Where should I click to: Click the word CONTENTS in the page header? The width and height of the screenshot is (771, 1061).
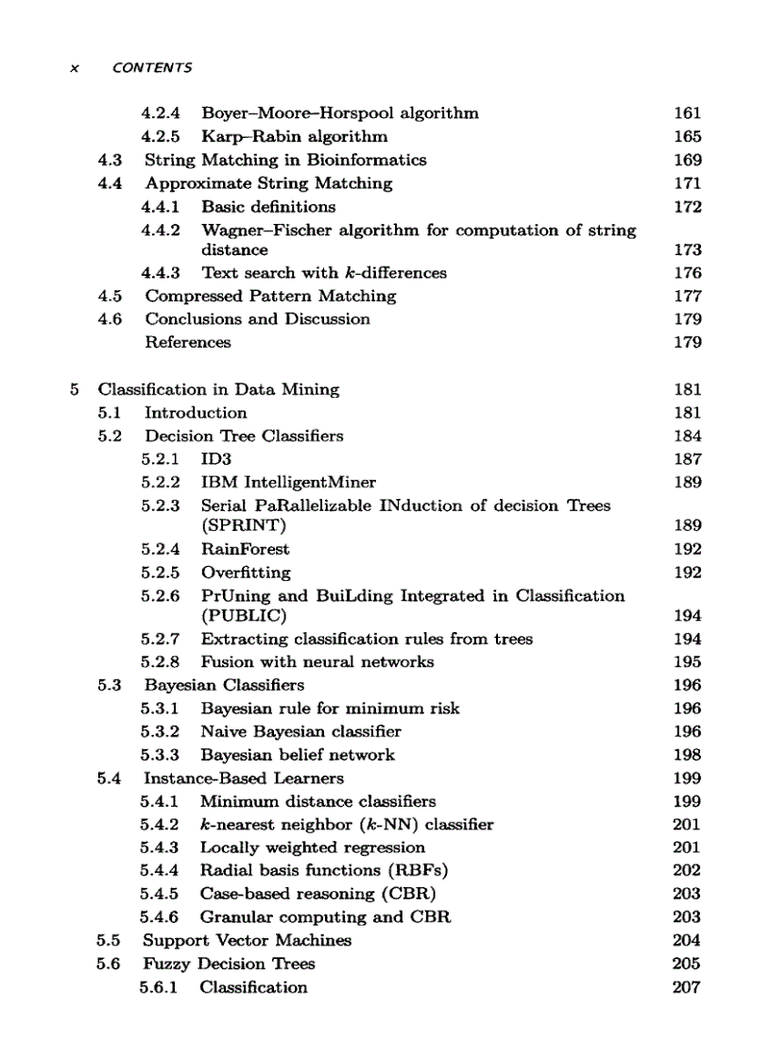click(151, 68)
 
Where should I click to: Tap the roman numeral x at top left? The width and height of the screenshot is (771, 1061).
click(74, 68)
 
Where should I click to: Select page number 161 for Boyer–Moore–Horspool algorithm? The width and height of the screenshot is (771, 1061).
click(687, 113)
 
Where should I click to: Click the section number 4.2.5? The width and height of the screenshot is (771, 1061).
click(161, 137)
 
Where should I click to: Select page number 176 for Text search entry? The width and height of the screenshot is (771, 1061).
click(687, 273)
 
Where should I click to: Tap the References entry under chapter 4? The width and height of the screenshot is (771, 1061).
click(187, 342)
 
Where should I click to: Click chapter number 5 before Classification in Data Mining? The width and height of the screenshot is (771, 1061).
click(75, 389)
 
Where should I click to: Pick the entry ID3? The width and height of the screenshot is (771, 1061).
click(215, 459)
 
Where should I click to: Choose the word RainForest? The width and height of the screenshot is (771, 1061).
click(245, 549)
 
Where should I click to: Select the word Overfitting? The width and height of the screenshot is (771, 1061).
click(246, 573)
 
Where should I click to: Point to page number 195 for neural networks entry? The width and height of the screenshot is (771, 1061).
click(687, 662)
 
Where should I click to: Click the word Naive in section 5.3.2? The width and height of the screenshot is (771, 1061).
click(222, 731)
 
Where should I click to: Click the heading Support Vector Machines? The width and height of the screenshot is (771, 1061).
click(247, 940)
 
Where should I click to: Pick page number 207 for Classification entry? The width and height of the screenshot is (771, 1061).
click(687, 987)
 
